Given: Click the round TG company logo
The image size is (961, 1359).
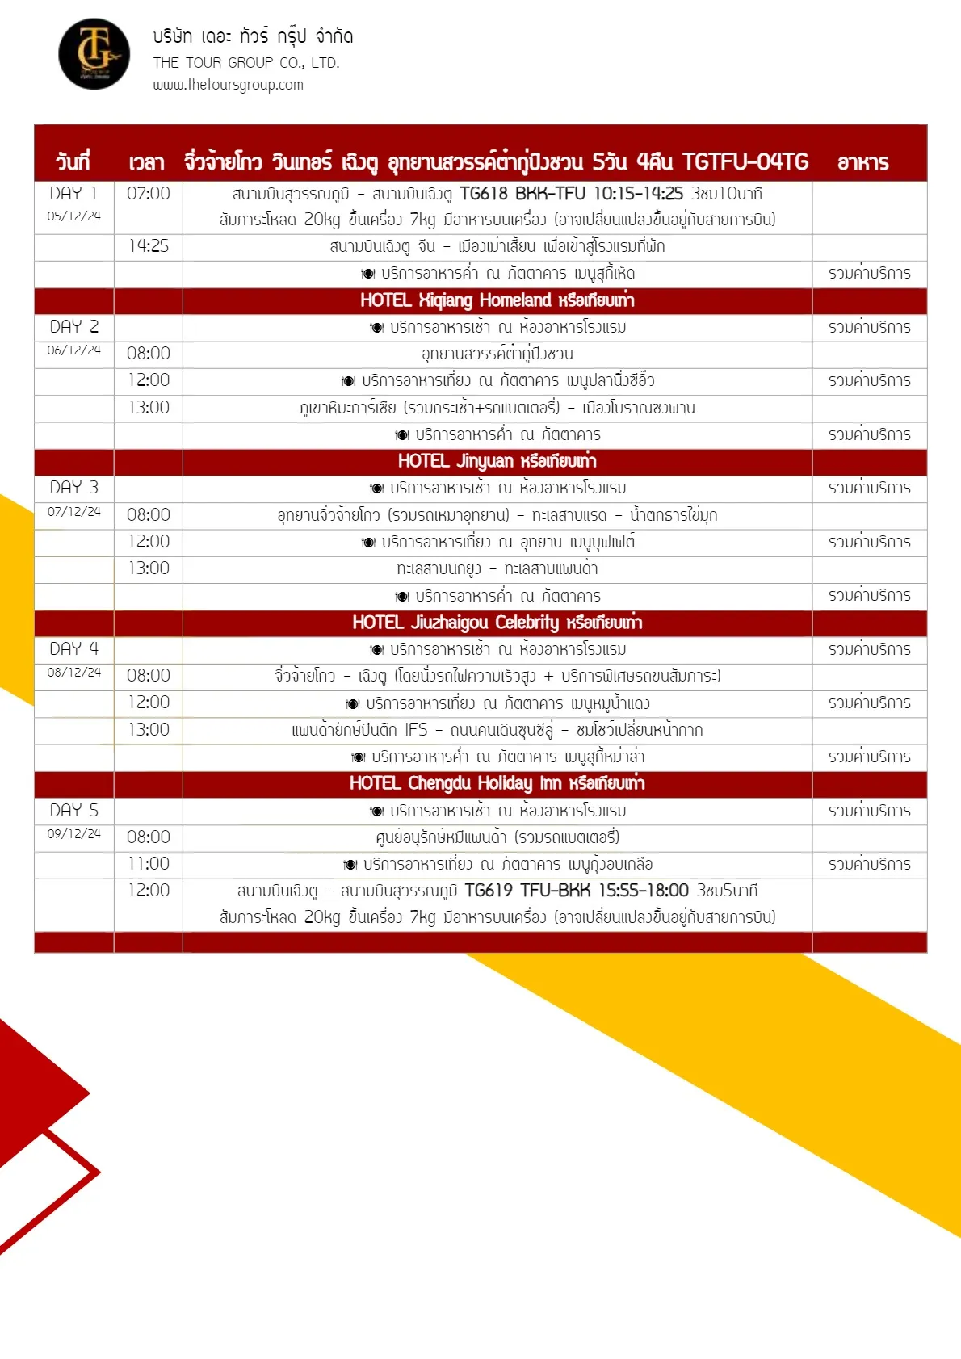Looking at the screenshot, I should (x=94, y=54).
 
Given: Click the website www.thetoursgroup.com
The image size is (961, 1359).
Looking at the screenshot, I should (x=228, y=85).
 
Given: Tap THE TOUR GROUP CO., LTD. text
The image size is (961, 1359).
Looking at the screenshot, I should (x=246, y=63).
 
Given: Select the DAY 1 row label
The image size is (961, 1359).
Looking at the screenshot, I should (x=73, y=194).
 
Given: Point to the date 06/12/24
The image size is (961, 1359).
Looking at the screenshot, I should (x=74, y=350).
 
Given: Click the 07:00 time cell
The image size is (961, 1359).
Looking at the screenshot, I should (x=149, y=194).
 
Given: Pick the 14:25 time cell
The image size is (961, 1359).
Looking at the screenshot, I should (x=149, y=246).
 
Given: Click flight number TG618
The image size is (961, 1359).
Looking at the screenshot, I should (x=484, y=194).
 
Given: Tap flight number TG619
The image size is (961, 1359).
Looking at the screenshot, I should (x=489, y=891).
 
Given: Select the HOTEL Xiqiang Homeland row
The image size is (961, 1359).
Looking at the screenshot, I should (x=497, y=300).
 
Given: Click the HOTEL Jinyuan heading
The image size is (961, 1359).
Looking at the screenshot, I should (x=497, y=461).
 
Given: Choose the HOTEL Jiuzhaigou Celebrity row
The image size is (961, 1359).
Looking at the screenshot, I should (x=497, y=623).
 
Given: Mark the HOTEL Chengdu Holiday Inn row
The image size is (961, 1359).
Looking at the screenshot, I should (x=497, y=783).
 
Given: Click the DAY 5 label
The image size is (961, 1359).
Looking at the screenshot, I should (x=73, y=810).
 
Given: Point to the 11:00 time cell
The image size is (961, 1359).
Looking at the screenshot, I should (x=149, y=864).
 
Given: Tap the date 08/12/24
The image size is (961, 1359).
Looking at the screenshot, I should (x=74, y=673).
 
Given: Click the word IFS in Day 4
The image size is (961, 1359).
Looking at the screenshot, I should (x=416, y=730).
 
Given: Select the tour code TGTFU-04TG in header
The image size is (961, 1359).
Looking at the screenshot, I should (x=745, y=162).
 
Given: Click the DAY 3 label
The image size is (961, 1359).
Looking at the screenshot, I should (x=73, y=488).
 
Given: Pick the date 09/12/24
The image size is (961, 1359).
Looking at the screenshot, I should (x=74, y=834).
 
